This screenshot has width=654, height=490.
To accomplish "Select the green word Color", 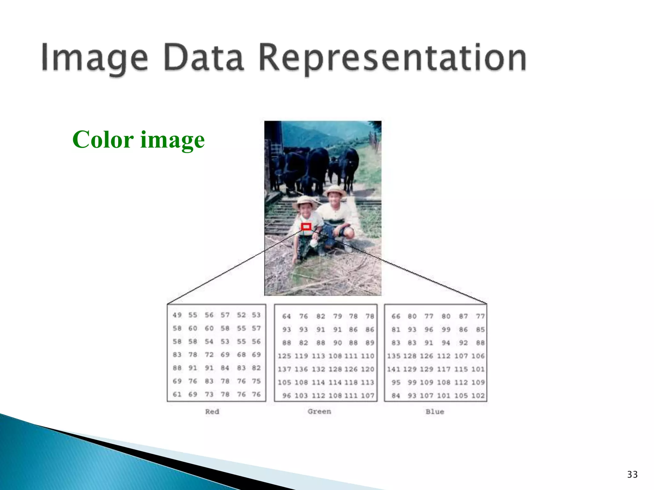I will point(103,140).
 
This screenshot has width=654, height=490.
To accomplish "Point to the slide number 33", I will point(632,474).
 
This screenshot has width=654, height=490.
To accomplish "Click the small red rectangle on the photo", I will point(306,227).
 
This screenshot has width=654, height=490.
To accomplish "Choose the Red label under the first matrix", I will point(212,412).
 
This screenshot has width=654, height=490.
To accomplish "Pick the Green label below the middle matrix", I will point(319,412).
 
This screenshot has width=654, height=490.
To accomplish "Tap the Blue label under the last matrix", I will point(435,412).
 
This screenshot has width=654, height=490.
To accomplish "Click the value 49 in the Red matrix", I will point(177,315).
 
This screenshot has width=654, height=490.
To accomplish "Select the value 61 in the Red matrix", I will point(177,394).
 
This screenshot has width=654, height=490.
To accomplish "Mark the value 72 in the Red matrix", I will point(209,355).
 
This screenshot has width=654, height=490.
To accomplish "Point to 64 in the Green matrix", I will point(286,316).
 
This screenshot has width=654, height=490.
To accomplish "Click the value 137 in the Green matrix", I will point(284,369).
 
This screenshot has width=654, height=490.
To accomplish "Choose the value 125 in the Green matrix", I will point(284,356).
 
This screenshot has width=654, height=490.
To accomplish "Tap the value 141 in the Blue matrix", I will point(394,369).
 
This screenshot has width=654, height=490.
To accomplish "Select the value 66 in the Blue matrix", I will point(396,316).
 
